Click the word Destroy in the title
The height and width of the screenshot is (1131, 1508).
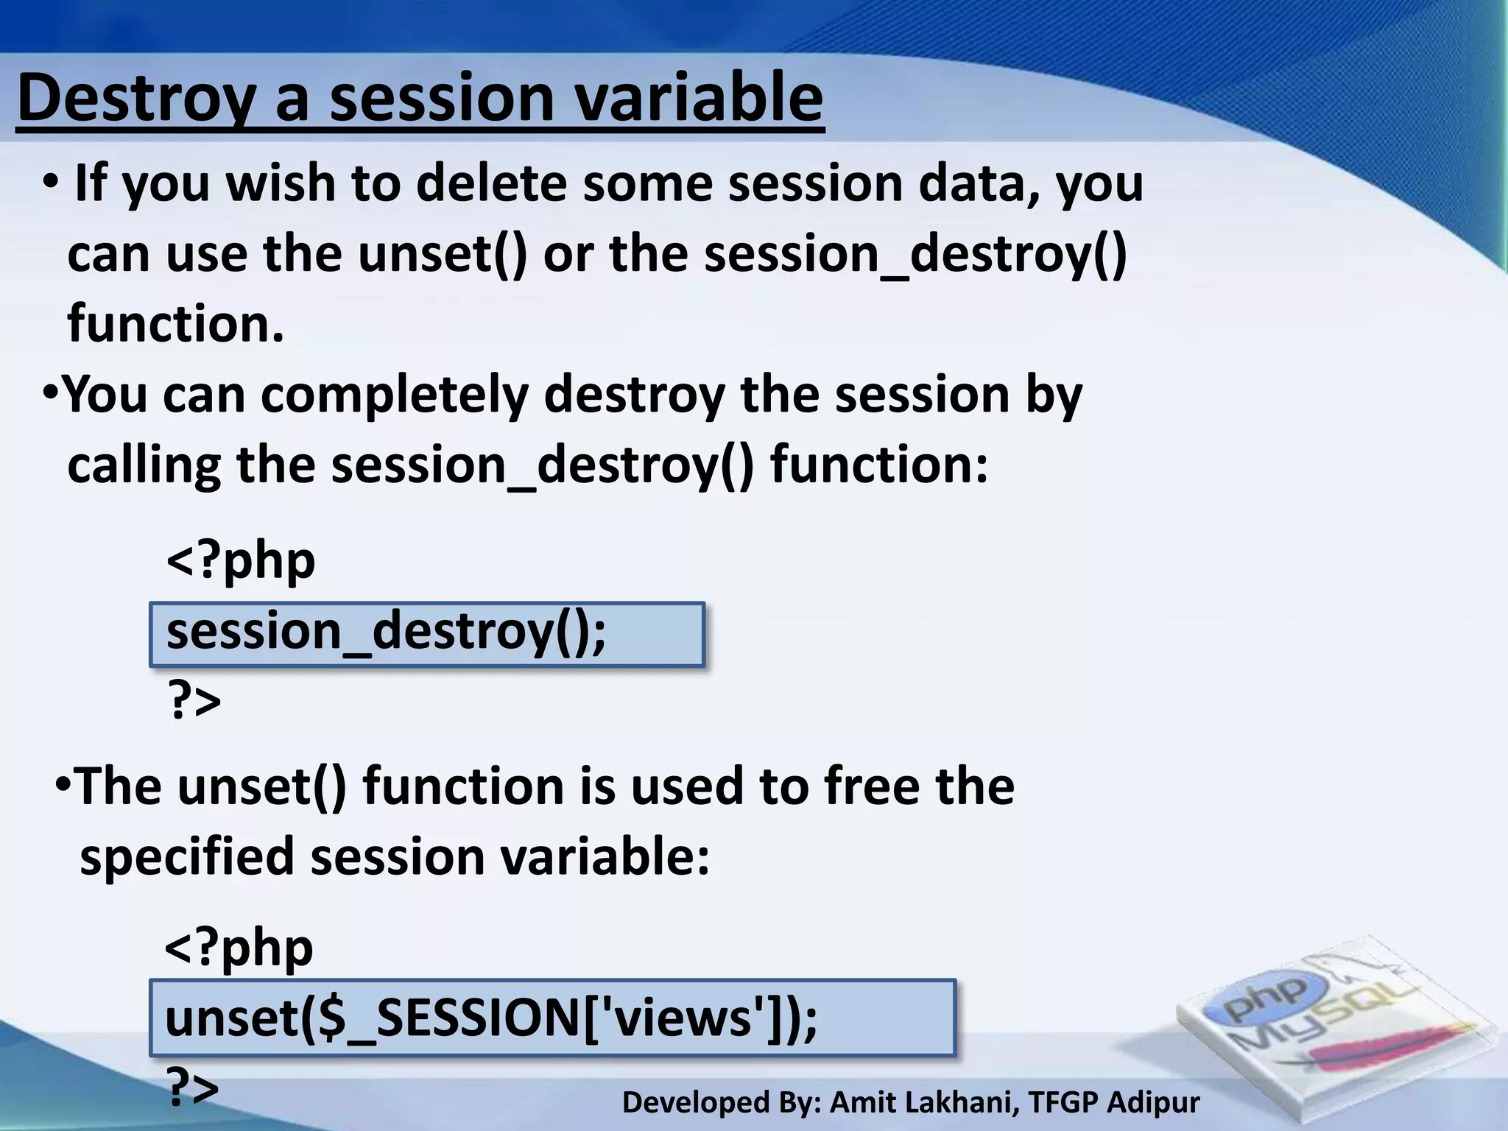click(x=136, y=99)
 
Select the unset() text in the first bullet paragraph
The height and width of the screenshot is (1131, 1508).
click(x=443, y=254)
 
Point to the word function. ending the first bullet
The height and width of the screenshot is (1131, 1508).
click(x=175, y=324)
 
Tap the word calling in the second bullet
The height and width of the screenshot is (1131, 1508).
click(x=144, y=465)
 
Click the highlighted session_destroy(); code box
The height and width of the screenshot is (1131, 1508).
click(x=427, y=634)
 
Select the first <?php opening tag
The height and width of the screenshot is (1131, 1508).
click(x=241, y=562)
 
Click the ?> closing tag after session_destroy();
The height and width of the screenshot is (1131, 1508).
click(x=194, y=701)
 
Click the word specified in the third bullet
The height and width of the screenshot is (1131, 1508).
click(x=187, y=857)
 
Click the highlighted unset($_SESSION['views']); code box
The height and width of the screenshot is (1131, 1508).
click(x=552, y=1019)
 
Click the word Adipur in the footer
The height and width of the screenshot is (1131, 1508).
click(x=1153, y=1103)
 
